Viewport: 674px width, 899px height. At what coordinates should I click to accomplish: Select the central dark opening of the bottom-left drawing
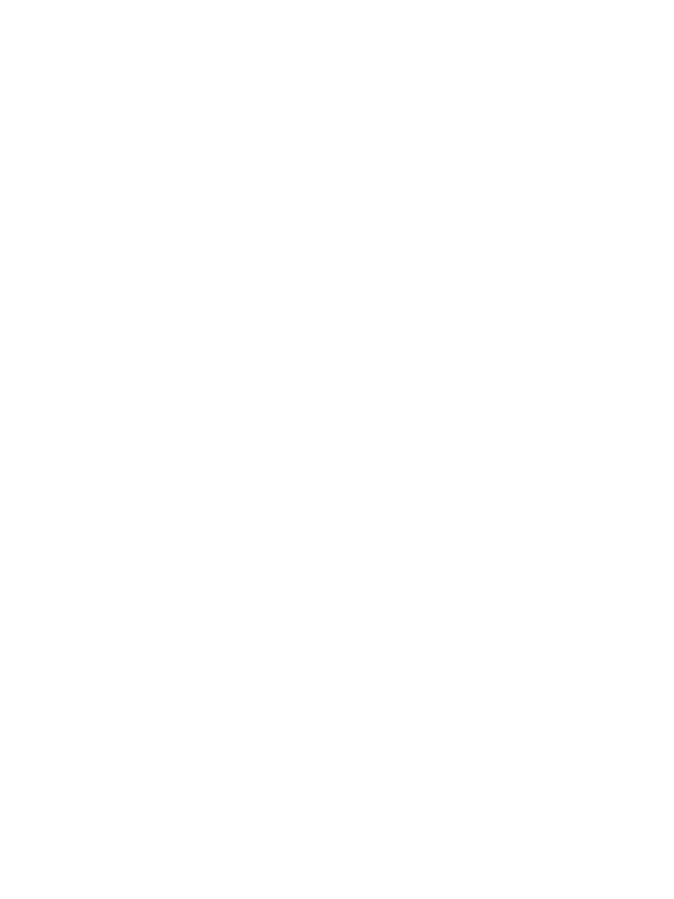[x=180, y=746]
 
